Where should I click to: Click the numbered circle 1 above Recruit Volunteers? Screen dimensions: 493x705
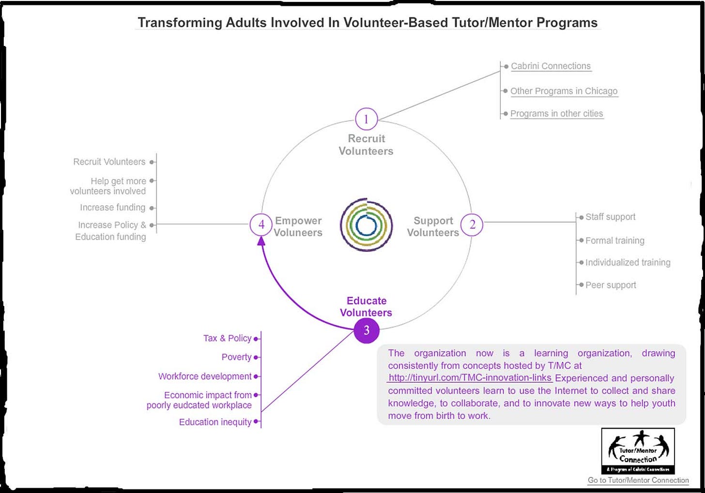click(366, 119)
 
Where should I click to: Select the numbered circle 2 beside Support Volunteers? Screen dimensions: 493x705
click(472, 224)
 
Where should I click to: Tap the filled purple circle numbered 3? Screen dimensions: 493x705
click(367, 330)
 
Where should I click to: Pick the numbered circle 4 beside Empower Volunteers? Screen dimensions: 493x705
click(261, 224)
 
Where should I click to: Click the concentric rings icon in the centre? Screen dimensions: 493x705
click(366, 224)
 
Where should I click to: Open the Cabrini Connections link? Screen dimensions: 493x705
click(551, 66)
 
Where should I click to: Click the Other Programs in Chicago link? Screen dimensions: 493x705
click(564, 91)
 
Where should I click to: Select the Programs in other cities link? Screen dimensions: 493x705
click(556, 114)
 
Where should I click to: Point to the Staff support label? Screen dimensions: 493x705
click(610, 217)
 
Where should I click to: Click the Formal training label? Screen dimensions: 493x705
click(614, 240)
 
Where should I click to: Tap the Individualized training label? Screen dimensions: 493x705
click(628, 262)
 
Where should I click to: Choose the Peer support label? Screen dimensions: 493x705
click(611, 285)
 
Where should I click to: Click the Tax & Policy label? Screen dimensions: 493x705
click(227, 338)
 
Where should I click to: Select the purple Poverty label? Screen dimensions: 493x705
click(236, 357)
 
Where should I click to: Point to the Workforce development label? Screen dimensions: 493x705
click(205, 376)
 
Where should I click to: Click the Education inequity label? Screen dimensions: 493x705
click(215, 422)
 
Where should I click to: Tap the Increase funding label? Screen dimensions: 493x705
click(112, 208)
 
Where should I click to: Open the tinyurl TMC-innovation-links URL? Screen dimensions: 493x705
click(470, 378)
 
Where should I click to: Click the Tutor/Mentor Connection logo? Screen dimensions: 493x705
click(638, 451)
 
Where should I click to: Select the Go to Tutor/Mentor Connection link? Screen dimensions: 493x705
click(638, 480)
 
